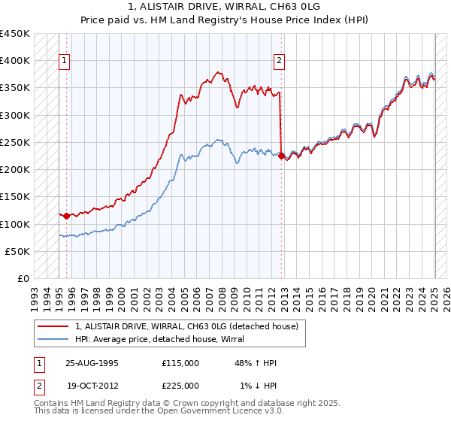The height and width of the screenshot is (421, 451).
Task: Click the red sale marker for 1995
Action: coord(66,216)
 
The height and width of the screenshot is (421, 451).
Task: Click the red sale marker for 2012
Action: coord(281,156)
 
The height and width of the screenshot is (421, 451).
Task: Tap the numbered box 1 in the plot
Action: coord(64,62)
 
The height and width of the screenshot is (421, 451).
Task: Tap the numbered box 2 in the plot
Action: coord(279,62)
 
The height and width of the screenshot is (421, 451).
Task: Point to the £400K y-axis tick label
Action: coord(15,61)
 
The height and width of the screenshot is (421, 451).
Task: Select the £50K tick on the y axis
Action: coord(18,251)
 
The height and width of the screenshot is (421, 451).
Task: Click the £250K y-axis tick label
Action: coord(15,142)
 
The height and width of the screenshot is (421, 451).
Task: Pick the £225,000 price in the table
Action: coord(180,386)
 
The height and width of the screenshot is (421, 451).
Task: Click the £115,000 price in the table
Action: coord(180,363)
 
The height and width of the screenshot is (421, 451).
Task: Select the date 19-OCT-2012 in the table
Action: coord(92,386)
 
